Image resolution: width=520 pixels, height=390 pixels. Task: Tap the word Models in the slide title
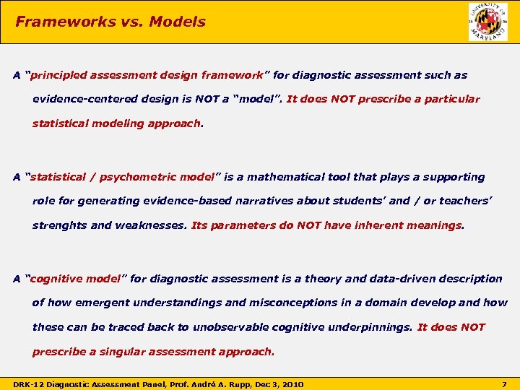point(177,22)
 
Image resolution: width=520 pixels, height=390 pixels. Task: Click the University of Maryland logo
point(488,22)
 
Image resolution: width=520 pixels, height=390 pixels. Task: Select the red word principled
point(60,75)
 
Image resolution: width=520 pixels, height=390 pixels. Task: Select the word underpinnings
point(368,327)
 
